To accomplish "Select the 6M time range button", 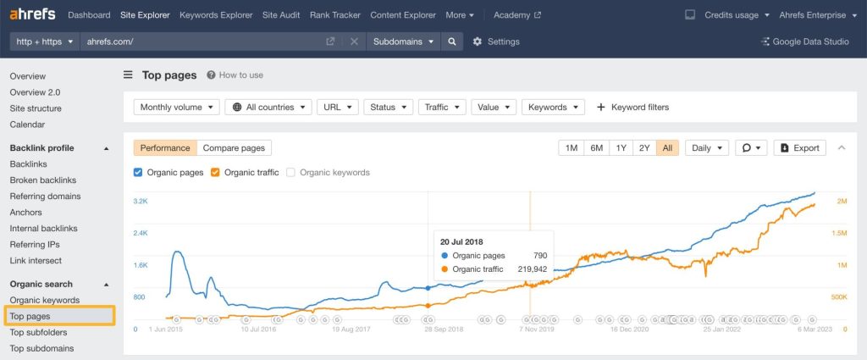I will point(596,147).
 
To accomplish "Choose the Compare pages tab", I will point(234,147).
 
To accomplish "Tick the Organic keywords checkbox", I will point(291,172).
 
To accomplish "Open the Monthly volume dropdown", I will point(176,108).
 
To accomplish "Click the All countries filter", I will point(268,108).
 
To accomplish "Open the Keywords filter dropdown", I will point(553,108).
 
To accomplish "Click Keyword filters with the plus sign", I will point(632,108).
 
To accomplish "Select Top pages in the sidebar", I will point(30,316).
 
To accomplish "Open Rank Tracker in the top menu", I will point(335,15).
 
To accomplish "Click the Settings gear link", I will point(496,42).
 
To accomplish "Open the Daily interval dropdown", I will point(706,147).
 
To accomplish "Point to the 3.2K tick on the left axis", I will point(140,201).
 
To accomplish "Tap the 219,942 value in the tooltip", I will point(533,269).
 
